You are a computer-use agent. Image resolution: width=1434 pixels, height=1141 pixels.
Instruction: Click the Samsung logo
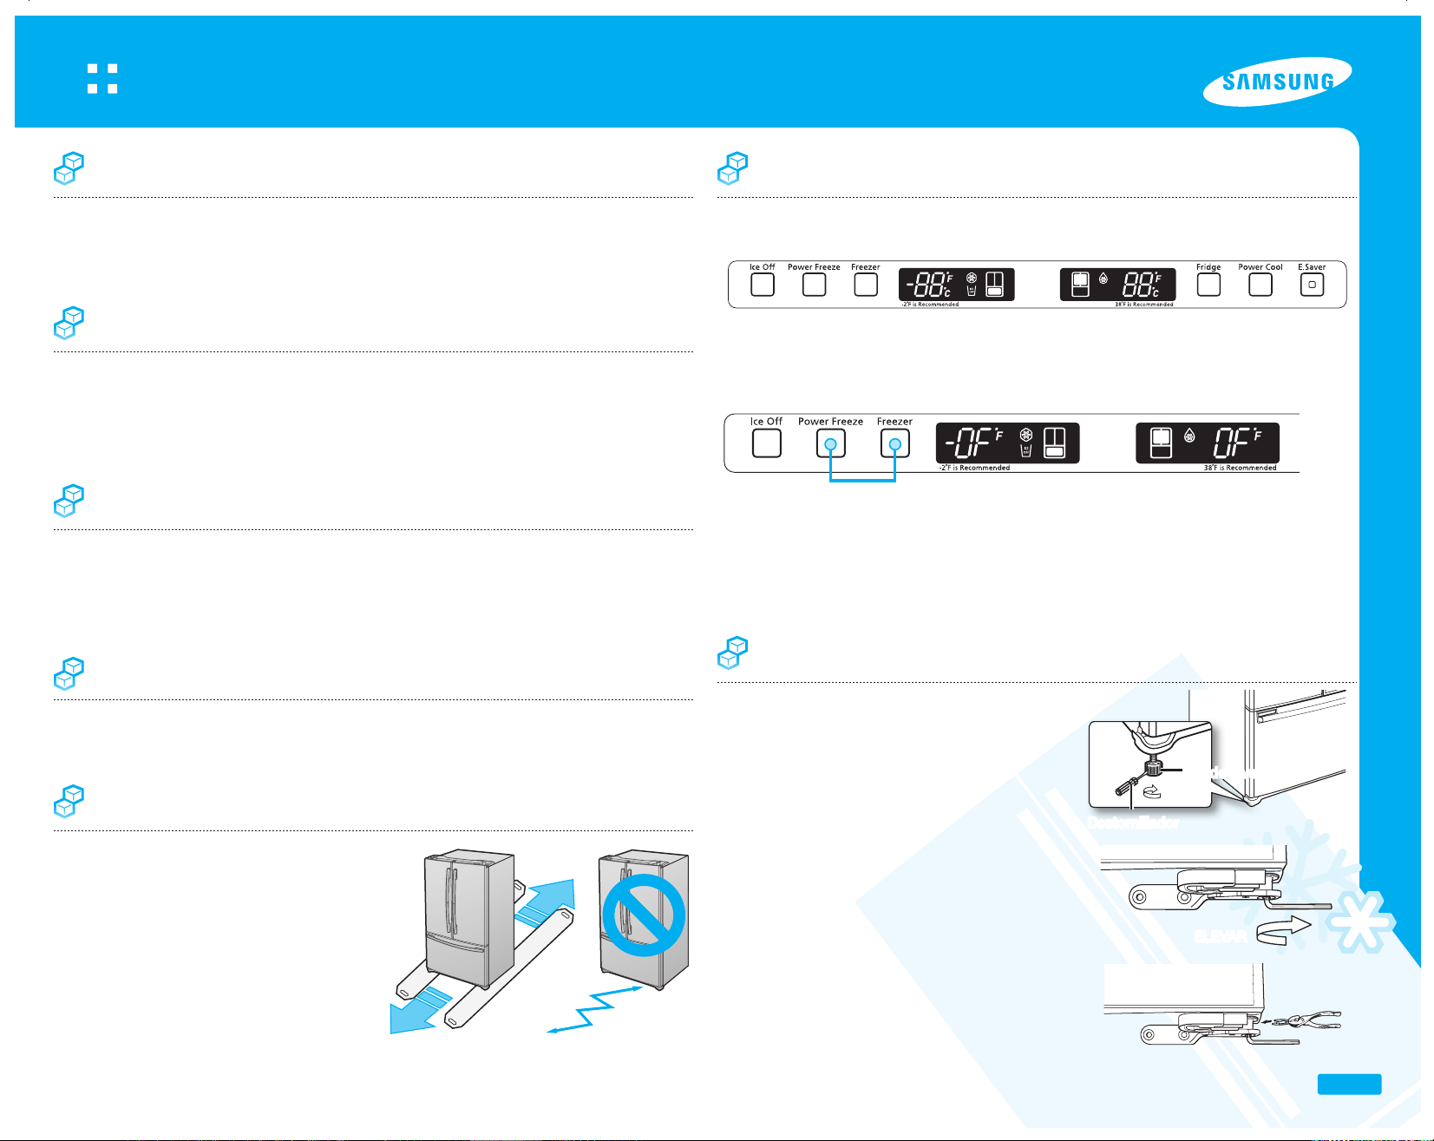tap(1277, 82)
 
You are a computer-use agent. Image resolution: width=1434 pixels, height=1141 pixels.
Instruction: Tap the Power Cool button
tap(1260, 285)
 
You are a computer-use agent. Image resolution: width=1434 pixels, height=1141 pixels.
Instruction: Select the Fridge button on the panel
tap(1208, 285)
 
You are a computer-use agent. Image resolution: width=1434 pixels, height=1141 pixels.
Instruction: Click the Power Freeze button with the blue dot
tap(830, 444)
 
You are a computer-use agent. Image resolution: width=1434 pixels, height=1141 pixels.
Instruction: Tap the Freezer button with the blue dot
tap(894, 444)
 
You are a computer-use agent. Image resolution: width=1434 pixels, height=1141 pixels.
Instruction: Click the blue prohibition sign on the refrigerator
tap(644, 915)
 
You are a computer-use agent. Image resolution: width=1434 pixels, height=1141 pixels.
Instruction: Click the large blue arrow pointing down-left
tap(417, 1012)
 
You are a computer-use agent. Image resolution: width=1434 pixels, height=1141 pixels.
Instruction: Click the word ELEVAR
tap(1221, 936)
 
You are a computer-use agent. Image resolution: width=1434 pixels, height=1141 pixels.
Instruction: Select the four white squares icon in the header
tap(102, 78)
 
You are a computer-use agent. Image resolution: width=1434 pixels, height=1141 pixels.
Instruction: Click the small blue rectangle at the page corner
tap(1349, 1084)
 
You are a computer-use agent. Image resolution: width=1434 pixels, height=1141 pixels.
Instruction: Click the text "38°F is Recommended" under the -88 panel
tap(1143, 305)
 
